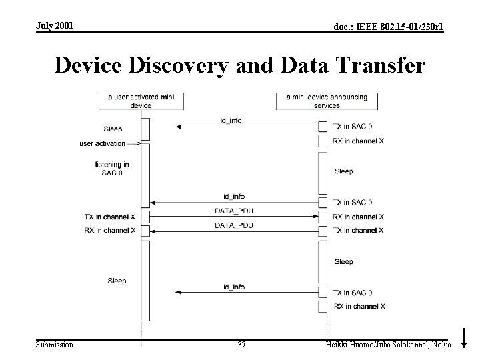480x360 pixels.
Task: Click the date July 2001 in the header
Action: tap(55, 25)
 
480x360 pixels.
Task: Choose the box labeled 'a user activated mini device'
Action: tap(141, 101)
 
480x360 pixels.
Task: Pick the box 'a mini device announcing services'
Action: tap(327, 101)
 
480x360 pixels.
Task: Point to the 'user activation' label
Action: tap(102, 143)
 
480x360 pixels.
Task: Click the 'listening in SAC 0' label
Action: tap(112, 168)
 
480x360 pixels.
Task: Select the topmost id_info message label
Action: tap(231, 121)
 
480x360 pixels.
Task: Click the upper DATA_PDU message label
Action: tap(233, 211)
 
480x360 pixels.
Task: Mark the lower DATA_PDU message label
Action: tap(233, 225)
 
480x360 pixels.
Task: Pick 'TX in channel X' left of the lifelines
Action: tap(110, 217)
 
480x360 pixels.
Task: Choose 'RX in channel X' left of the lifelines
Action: tap(110, 231)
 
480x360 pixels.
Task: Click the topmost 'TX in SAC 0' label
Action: tap(353, 126)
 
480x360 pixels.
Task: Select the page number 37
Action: tap(241, 344)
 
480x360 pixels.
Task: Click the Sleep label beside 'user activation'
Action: tap(113, 129)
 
